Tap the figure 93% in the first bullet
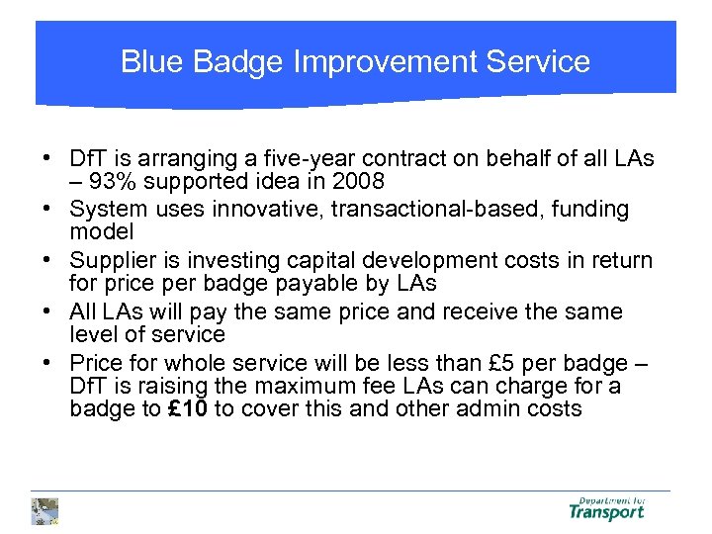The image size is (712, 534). [x=109, y=183]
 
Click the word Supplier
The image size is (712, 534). [x=110, y=261]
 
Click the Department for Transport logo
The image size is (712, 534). [x=606, y=508]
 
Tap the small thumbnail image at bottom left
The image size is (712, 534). [x=44, y=510]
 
